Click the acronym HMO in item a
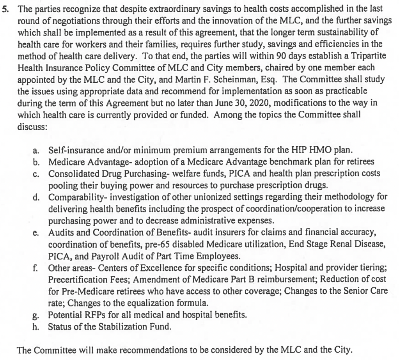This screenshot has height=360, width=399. tap(304, 150)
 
